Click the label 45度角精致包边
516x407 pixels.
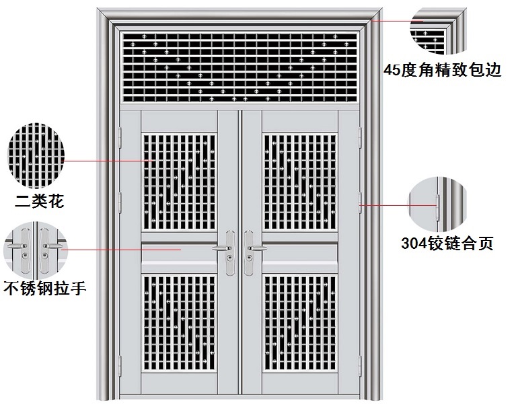443,69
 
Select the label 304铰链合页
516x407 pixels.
447,243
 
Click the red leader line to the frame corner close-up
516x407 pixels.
394,21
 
